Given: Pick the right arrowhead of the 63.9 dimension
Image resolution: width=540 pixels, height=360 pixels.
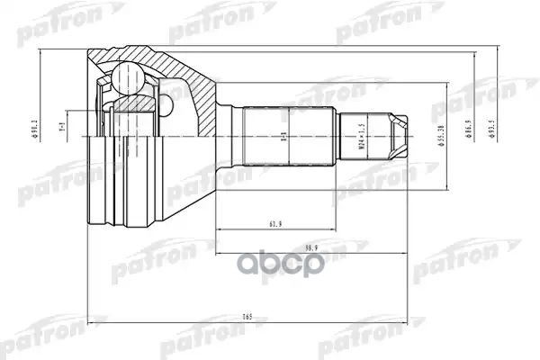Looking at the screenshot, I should [336, 220].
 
